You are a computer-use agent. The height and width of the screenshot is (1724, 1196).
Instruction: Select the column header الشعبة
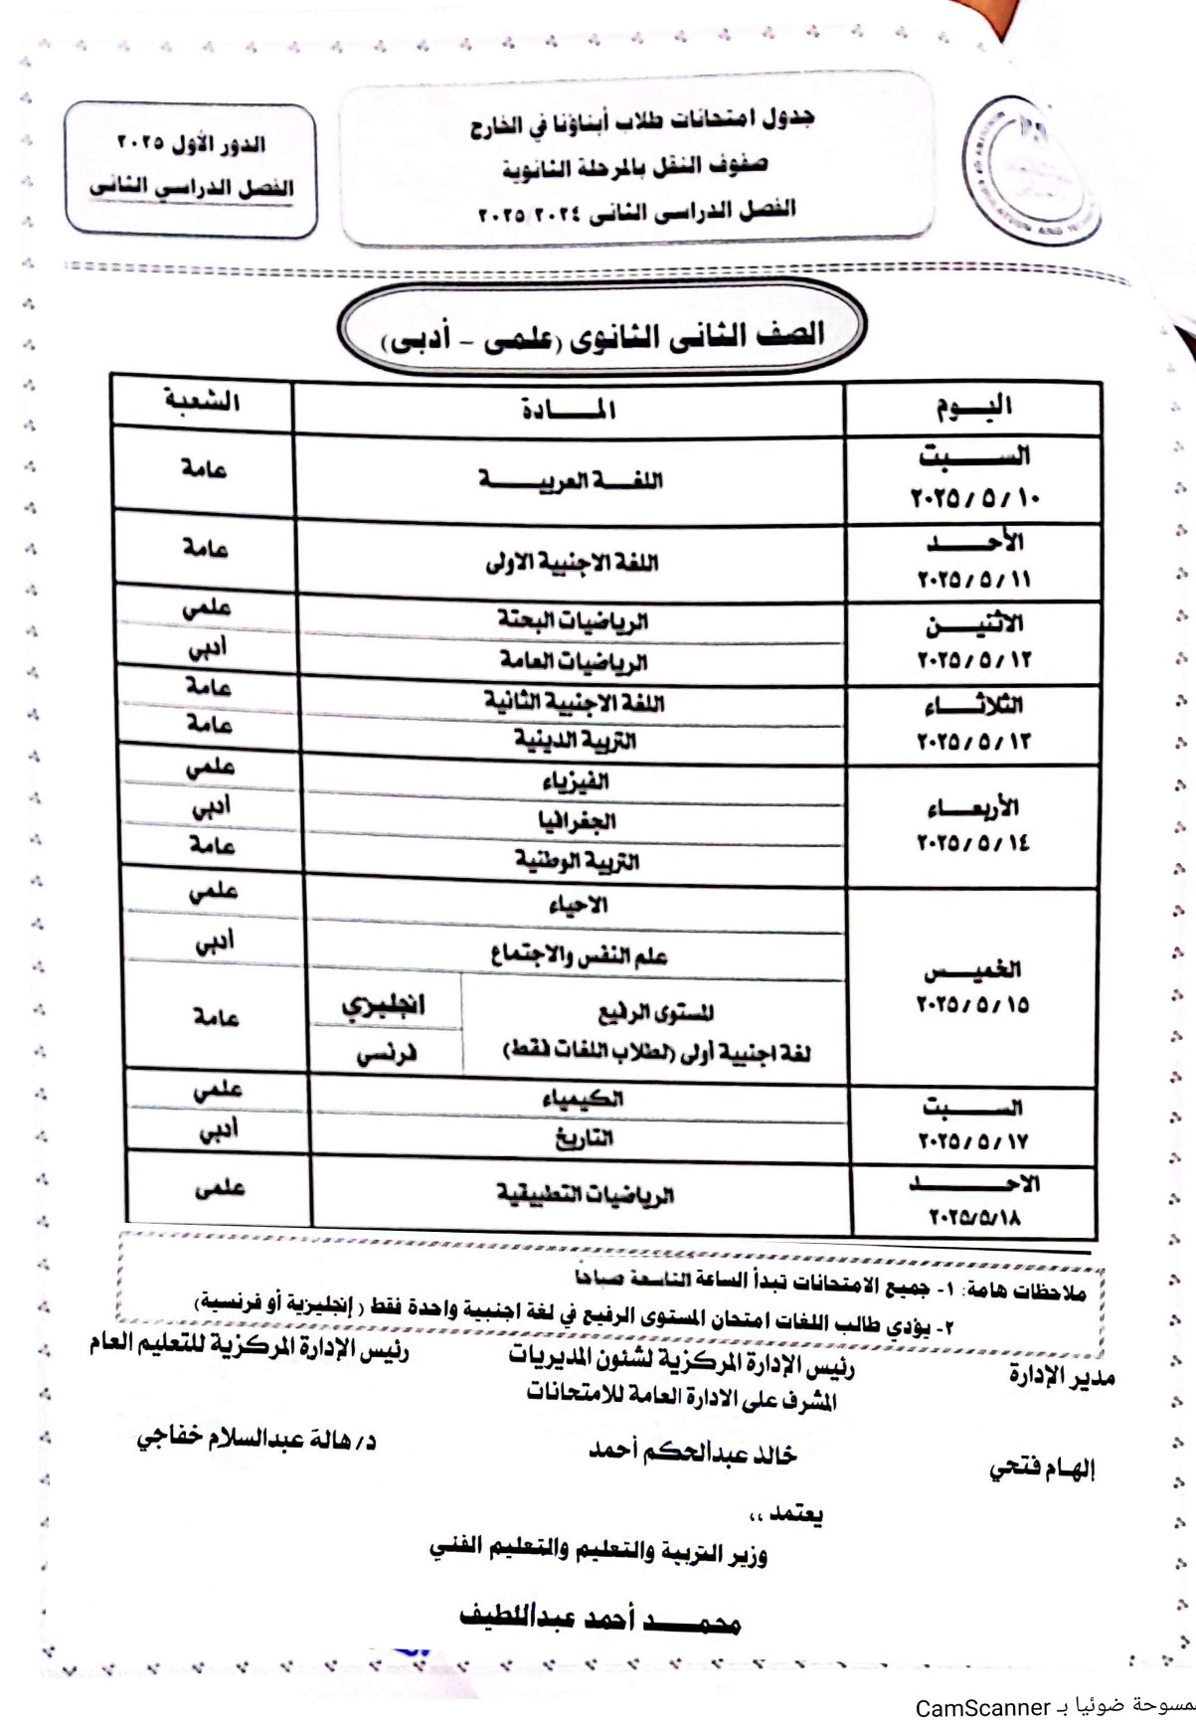pos(203,402)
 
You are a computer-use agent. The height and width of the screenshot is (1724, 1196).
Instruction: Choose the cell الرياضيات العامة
pos(573,660)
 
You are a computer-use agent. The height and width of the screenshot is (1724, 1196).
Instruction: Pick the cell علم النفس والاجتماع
pos(580,956)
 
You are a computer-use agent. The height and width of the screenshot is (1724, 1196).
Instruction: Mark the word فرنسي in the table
pos(387,1056)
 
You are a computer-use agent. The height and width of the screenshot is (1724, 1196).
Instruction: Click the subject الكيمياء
pos(583,1099)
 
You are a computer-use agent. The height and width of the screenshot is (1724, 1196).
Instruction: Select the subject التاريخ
pos(583,1137)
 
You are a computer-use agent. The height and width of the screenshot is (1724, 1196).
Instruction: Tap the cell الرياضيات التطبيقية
pos(586,1193)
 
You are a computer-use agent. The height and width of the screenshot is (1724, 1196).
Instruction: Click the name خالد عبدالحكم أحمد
pos(693,1453)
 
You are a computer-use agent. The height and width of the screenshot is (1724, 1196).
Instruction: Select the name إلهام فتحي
pos(1041,1468)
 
